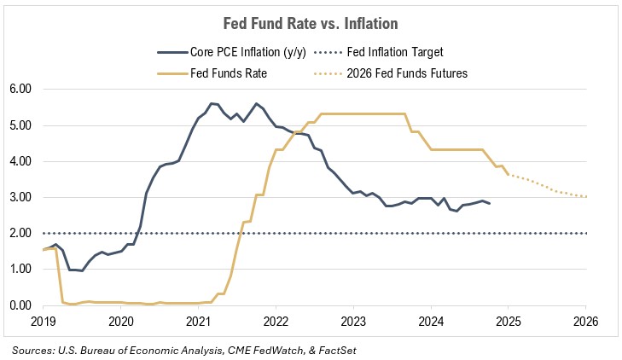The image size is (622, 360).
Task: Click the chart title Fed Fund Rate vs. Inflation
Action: pos(311,23)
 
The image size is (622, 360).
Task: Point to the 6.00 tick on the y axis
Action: pos(20,89)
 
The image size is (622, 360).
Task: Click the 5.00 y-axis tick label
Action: pos(20,125)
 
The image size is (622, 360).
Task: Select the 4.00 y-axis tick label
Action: pos(20,161)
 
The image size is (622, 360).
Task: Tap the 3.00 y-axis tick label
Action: pos(20,197)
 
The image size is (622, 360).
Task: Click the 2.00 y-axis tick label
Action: pos(20,233)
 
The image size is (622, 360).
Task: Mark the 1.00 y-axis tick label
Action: pos(20,270)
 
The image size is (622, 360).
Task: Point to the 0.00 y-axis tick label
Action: pos(20,305)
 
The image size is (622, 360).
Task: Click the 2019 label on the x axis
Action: pos(43,322)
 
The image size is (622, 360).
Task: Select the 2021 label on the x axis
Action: pos(198,322)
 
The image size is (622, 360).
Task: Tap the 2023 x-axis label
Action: pos(353,322)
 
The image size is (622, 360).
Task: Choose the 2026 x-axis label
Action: pos(585,322)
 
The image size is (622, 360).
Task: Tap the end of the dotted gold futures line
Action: pos(586,197)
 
